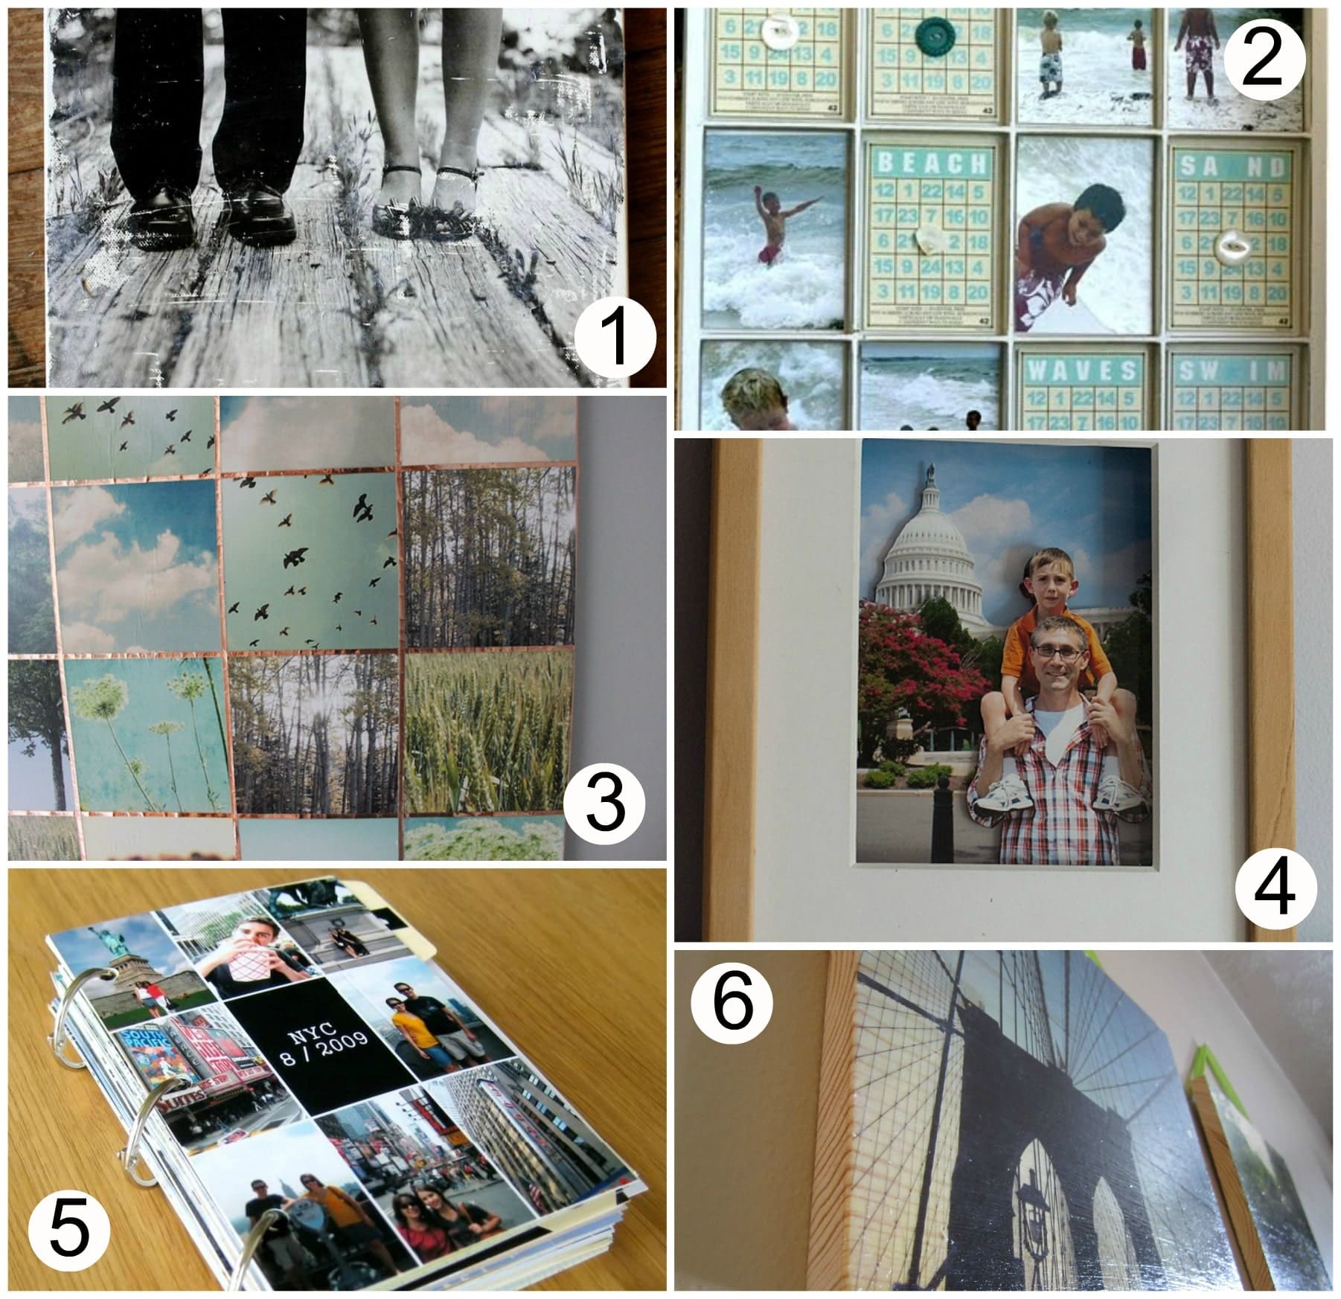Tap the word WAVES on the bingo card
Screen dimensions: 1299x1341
pos(1081,371)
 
